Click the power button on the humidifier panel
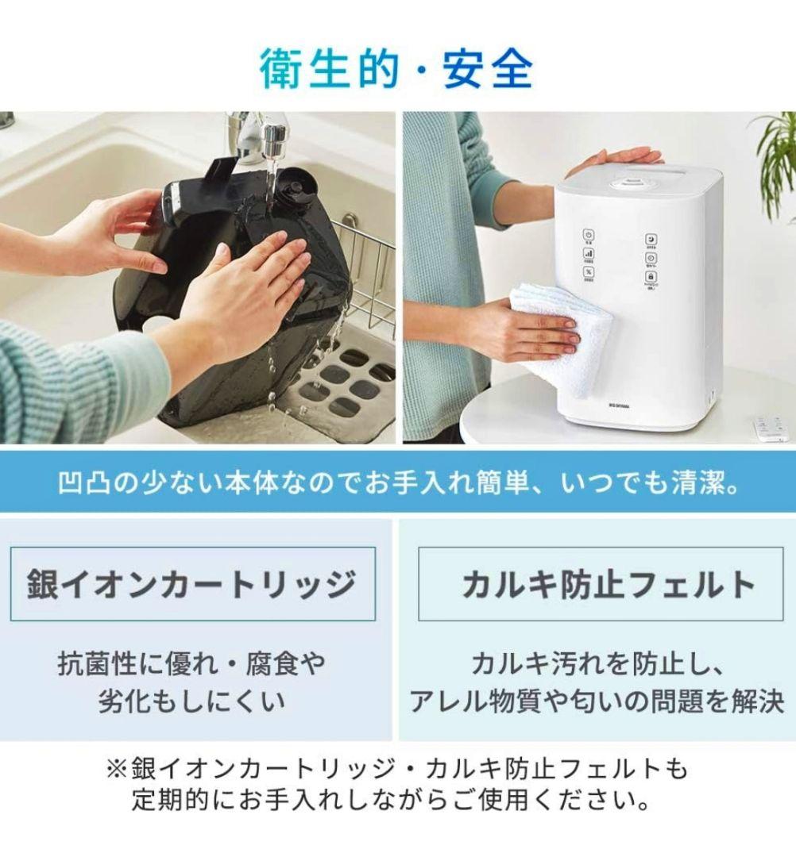[x=589, y=236]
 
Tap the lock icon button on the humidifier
[x=651, y=277]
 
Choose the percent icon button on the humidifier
[x=589, y=272]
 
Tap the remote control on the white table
[x=770, y=428]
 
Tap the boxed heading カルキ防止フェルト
[x=608, y=584]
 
